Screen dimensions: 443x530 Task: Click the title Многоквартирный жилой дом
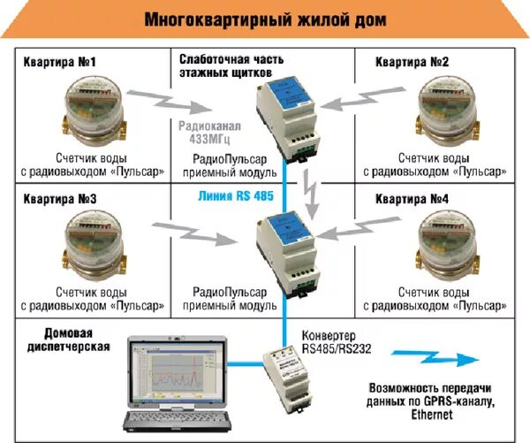click(x=265, y=19)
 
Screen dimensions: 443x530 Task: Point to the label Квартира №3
click(x=59, y=200)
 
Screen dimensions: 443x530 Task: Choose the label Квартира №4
click(x=412, y=200)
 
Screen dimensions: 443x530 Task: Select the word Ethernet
click(x=429, y=414)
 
